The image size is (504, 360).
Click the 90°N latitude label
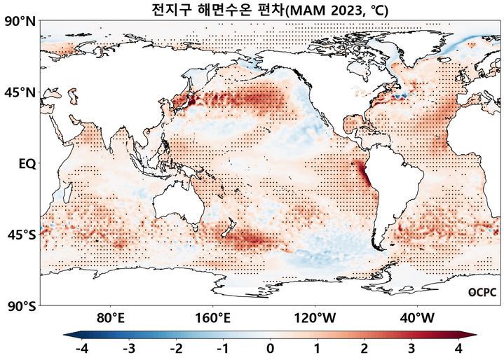20,22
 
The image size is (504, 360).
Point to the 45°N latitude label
20,93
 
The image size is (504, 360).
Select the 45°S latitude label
20,235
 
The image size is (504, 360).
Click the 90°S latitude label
20,306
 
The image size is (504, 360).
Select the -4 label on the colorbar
81,348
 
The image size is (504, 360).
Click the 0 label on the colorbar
271,348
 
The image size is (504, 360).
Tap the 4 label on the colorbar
459,348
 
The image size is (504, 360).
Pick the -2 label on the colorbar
175,348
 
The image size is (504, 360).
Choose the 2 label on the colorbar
365,348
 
